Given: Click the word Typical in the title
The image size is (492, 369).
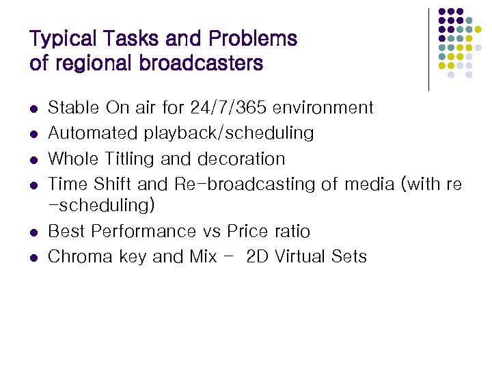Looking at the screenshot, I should tap(57, 39).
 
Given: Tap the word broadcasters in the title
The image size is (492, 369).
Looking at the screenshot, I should tap(200, 64).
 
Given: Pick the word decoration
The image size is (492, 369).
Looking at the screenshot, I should tap(241, 159).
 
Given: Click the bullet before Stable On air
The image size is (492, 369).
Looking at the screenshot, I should tap(33, 109).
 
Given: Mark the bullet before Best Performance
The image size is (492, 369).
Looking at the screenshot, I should tap(33, 233).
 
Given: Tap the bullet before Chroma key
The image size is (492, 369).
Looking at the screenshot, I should tap(33, 258).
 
